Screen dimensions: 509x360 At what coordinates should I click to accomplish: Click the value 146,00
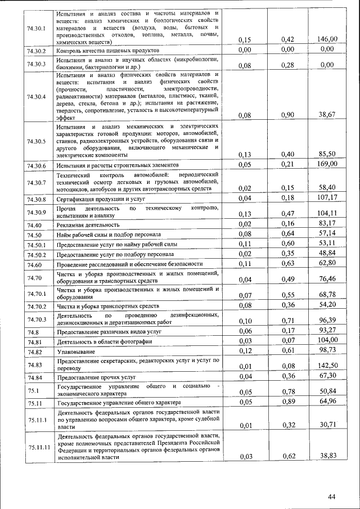327,39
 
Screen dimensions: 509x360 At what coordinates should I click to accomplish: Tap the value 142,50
327,365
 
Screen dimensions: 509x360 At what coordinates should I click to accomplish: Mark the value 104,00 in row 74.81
327,340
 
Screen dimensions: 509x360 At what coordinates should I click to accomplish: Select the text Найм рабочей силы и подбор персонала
109,235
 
